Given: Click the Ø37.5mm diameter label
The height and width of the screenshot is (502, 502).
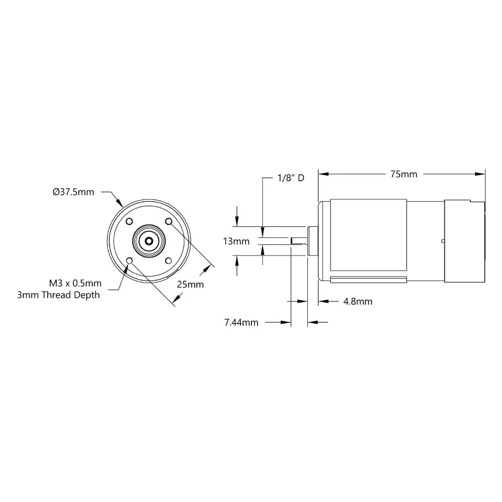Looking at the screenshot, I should tap(73, 192).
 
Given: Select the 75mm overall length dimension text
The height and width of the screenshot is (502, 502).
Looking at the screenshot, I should tap(404, 174).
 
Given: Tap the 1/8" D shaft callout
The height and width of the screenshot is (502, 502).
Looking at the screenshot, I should tap(291, 178).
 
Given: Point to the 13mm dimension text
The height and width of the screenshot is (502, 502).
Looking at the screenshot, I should tap(236, 241).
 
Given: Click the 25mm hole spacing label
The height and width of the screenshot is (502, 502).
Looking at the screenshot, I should tap(190, 284).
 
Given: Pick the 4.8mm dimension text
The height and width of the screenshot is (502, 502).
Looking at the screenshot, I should tap(357, 301).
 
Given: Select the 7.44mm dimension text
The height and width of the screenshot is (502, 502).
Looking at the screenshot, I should tap(241, 322).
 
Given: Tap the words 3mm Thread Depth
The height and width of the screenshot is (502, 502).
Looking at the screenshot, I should tap(58, 295).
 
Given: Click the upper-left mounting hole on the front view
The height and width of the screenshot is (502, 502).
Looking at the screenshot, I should tap(130, 221).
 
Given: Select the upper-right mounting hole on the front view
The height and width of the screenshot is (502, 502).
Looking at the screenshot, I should tap(169, 221).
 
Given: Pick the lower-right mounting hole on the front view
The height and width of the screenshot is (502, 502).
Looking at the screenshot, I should tap(169, 261).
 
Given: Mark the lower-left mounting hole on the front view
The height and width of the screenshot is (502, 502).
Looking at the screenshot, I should tap(130, 261).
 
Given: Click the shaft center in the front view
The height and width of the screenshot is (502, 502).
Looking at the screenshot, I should tap(149, 241).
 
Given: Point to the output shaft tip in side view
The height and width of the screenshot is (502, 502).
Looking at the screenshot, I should tap(292, 241).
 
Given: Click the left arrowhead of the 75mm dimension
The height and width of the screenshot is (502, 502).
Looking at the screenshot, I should tap(322, 174).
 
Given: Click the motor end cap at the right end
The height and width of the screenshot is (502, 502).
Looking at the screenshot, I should tap(465, 241).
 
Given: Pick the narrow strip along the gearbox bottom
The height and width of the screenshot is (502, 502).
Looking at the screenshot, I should tap(368, 280).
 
